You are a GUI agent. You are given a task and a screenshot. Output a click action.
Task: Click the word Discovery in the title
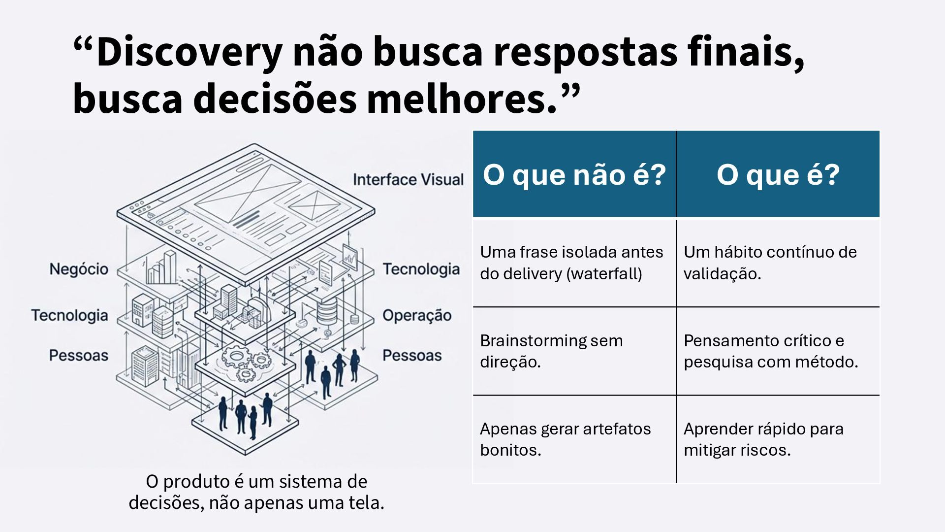point(189,53)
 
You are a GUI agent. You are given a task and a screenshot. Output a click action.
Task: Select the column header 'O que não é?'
point(574,174)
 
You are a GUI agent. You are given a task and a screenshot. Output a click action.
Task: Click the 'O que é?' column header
point(778,174)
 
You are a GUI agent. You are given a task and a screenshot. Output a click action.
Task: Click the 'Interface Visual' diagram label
point(408,180)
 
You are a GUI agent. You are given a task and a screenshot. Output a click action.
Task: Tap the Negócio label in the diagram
point(79,269)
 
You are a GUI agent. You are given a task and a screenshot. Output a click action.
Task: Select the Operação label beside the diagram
point(417,315)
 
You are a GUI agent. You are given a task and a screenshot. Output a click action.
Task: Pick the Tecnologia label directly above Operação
point(421,269)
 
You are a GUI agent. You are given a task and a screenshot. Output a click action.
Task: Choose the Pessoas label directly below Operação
point(412,355)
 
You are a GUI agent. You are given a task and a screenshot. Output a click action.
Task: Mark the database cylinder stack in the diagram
point(326,310)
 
